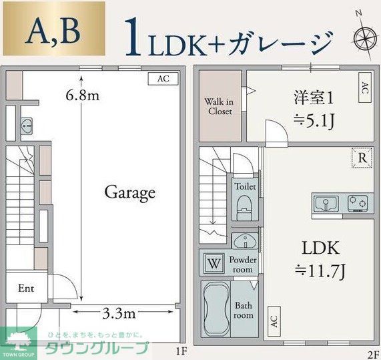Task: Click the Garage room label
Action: click(129, 193)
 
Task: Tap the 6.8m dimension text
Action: click(83, 95)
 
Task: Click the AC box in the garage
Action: click(163, 78)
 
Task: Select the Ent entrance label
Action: click(26, 289)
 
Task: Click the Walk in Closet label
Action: click(219, 106)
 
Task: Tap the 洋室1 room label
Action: click(314, 98)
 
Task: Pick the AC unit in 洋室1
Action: click(364, 89)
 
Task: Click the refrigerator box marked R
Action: click(360, 158)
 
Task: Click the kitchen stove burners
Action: click(358, 202)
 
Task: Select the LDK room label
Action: click(321, 248)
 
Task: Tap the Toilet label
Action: click(245, 187)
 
